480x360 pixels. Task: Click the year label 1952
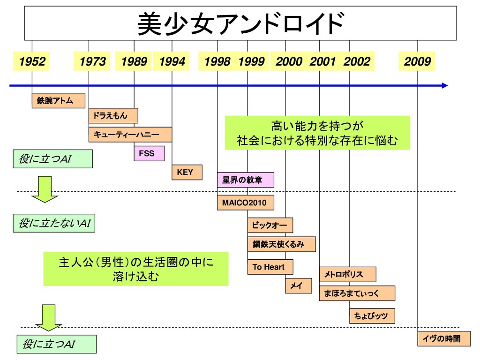[x=32, y=61]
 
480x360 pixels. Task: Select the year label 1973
[x=92, y=61]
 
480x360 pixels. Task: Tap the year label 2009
[x=417, y=61]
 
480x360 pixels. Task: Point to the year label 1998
[x=217, y=61]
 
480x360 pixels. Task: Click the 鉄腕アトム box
[x=59, y=101]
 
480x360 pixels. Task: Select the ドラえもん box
[x=113, y=115]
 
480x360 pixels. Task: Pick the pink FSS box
[x=149, y=153]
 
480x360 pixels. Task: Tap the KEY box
[x=187, y=172]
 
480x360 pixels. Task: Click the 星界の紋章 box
[x=245, y=180]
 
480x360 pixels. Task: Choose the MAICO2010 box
[x=245, y=203]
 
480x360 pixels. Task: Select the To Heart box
[x=270, y=267]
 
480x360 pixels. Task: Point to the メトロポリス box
[x=347, y=274]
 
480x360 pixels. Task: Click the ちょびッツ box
[x=372, y=316]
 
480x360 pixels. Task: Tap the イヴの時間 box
[x=443, y=338]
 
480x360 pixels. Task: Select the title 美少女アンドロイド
[x=240, y=23]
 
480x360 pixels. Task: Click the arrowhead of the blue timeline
[x=444, y=86]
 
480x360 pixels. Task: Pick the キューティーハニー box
[x=130, y=135]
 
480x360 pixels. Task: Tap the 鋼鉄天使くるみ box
[x=281, y=244]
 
